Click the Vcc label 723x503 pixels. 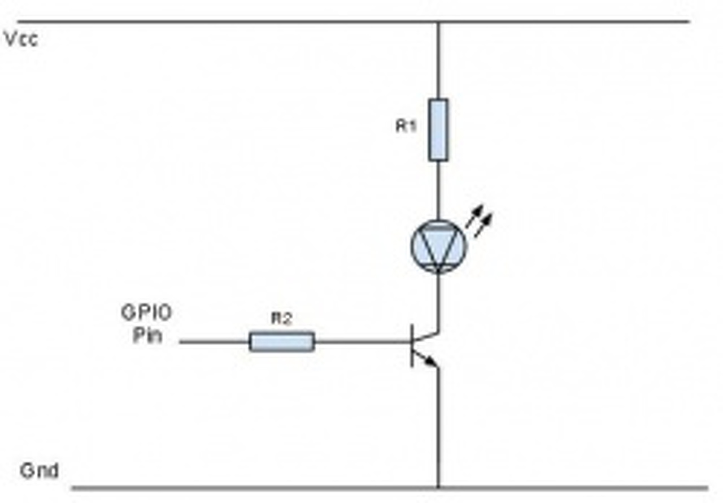coord(21,39)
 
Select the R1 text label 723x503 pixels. coord(406,126)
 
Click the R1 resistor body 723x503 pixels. coord(438,130)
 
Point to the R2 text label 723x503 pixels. coord(281,319)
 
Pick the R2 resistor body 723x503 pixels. coord(281,341)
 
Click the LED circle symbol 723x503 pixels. coord(438,246)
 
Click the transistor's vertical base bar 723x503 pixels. coord(412,345)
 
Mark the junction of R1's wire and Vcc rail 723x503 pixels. coord(438,22)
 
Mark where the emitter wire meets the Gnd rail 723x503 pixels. coord(438,487)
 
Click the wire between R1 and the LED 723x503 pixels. coord(438,189)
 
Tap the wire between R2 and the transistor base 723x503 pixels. coord(361,341)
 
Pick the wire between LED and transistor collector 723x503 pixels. coord(438,300)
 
